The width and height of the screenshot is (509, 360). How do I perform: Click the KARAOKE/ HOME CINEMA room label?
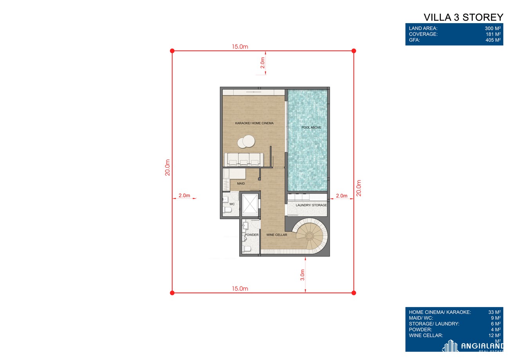(254, 123)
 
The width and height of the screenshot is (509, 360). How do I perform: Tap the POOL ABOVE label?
(311, 127)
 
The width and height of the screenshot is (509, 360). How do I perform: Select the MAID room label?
(241, 183)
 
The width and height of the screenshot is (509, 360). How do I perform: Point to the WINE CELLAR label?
(276, 235)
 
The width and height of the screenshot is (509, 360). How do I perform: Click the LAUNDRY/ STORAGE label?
(311, 205)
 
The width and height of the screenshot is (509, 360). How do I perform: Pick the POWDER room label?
(251, 235)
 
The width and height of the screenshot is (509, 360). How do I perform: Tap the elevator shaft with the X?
(250, 204)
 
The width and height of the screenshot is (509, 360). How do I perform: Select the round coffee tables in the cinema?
(246, 141)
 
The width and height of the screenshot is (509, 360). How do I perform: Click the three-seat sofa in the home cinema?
(244, 159)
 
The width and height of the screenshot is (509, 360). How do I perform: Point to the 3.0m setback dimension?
(302, 275)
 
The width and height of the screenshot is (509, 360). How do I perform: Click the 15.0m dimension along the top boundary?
(240, 47)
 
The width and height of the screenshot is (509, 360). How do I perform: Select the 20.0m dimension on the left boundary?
(168, 168)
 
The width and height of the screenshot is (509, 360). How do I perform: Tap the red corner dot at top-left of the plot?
(172, 51)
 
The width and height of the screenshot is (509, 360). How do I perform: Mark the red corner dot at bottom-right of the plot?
(354, 293)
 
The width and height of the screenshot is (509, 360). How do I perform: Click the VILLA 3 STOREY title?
(463, 18)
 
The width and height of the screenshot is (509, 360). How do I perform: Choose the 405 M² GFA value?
(493, 40)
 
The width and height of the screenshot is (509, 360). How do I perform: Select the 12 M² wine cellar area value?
(494, 335)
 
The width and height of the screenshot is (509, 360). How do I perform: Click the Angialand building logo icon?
(450, 346)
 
